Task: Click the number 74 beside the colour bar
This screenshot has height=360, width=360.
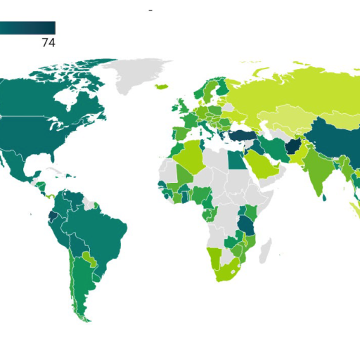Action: (x=48, y=43)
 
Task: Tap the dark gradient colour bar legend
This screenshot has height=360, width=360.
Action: (x=27, y=28)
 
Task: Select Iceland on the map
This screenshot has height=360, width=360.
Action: (x=161, y=86)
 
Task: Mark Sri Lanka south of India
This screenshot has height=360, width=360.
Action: (x=324, y=197)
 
